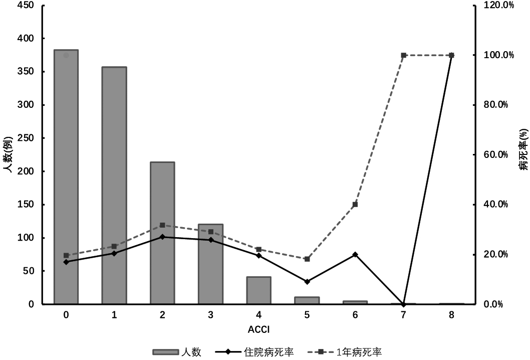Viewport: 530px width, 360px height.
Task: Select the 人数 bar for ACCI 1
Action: coord(114,186)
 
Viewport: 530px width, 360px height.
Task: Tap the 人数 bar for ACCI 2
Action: coord(162,233)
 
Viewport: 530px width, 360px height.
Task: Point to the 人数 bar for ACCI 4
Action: coord(258,291)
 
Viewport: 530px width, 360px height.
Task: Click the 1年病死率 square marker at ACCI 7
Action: coord(403,55)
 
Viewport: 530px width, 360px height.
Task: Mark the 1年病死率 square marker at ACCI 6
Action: coord(355,205)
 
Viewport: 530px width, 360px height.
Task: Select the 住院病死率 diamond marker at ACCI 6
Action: coord(355,255)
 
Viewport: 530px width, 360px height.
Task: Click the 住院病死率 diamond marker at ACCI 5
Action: coord(307,282)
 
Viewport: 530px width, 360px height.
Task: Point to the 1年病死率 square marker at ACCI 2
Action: coord(162,225)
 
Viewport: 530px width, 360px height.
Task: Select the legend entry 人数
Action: coord(190,352)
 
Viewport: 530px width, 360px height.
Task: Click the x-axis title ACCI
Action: coord(258,329)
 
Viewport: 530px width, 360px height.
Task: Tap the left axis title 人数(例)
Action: coord(8,154)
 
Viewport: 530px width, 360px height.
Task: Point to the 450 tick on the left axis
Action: coord(25,6)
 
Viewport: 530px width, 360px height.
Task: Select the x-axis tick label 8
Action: coord(451,315)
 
